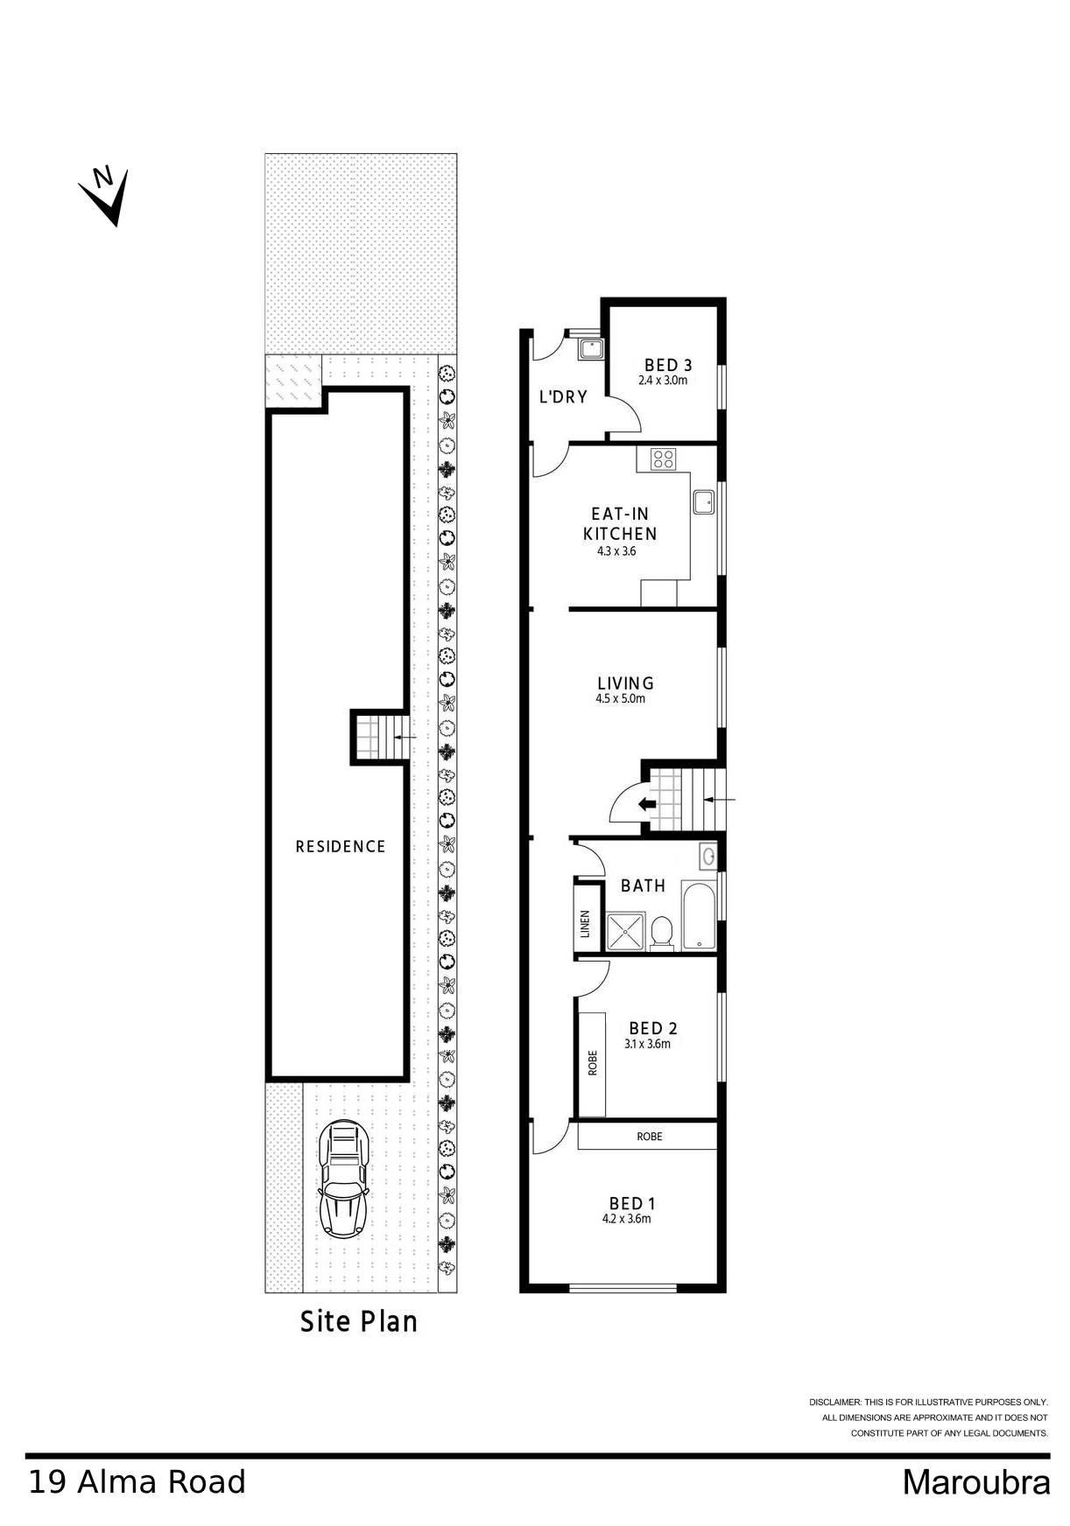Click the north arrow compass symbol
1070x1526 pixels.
click(106, 194)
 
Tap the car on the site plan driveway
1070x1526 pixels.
click(343, 1179)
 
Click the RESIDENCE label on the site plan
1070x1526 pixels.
click(340, 846)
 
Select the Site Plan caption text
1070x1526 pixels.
click(358, 1321)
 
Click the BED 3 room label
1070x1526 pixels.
click(668, 365)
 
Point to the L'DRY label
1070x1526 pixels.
click(562, 396)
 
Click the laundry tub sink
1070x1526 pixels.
click(591, 349)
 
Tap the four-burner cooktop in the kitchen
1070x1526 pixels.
click(663, 458)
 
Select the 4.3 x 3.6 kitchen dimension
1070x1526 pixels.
click(616, 551)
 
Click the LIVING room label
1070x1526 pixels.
click(625, 683)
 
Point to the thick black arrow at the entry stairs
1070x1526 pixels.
click(647, 804)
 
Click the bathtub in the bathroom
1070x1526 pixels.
click(698, 915)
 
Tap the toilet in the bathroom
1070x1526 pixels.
click(662, 931)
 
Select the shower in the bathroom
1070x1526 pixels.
click(625, 931)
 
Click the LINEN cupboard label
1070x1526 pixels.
click(585, 924)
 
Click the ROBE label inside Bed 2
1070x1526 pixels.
click(592, 1062)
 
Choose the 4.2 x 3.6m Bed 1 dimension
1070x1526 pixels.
click(626, 1218)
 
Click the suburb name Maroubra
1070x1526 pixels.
click(975, 1482)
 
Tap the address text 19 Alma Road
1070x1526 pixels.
click(137, 1482)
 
